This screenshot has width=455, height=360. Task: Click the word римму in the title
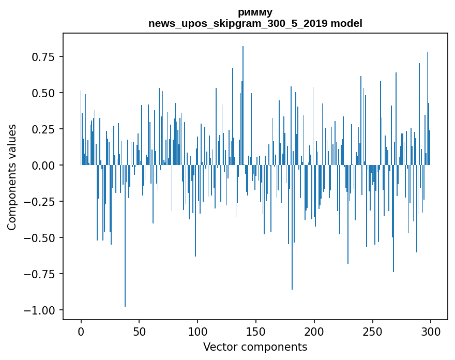pos(255,12)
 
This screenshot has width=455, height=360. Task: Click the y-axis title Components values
pos(12,177)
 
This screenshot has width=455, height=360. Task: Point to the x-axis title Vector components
pos(255,347)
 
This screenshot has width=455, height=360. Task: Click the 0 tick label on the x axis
pos(81,332)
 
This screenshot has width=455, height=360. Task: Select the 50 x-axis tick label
pos(139,332)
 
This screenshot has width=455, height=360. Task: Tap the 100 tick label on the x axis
pos(198,332)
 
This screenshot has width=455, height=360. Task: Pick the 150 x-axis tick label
pos(256,332)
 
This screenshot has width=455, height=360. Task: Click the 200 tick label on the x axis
pos(314,332)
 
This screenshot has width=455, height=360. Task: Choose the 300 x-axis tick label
pos(431,332)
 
